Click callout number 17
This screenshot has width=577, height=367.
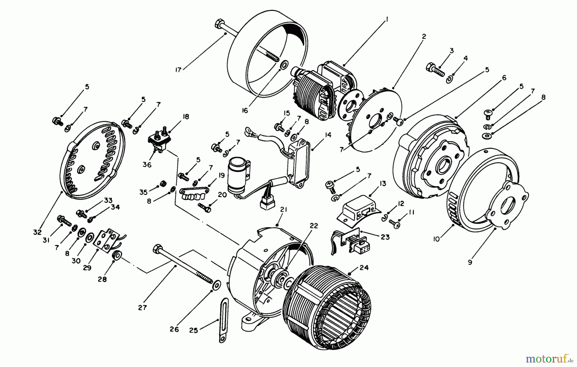point(179,69)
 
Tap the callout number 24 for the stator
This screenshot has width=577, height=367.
point(364,267)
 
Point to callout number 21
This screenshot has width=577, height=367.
point(283,210)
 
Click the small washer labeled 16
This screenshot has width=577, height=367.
point(283,66)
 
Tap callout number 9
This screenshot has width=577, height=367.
point(470,262)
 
